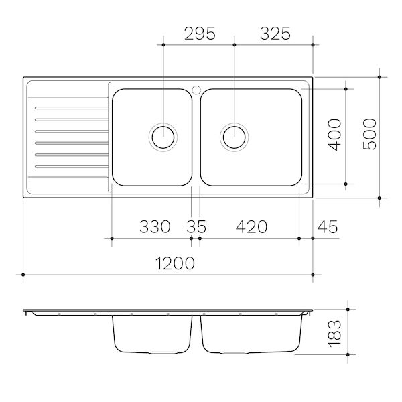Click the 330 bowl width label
[155, 226]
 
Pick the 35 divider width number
[196, 226]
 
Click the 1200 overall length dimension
[176, 263]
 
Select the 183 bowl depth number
[336, 331]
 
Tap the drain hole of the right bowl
[234, 137]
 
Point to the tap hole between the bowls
[196, 87]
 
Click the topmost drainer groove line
[70, 107]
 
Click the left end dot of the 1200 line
[23, 275]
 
